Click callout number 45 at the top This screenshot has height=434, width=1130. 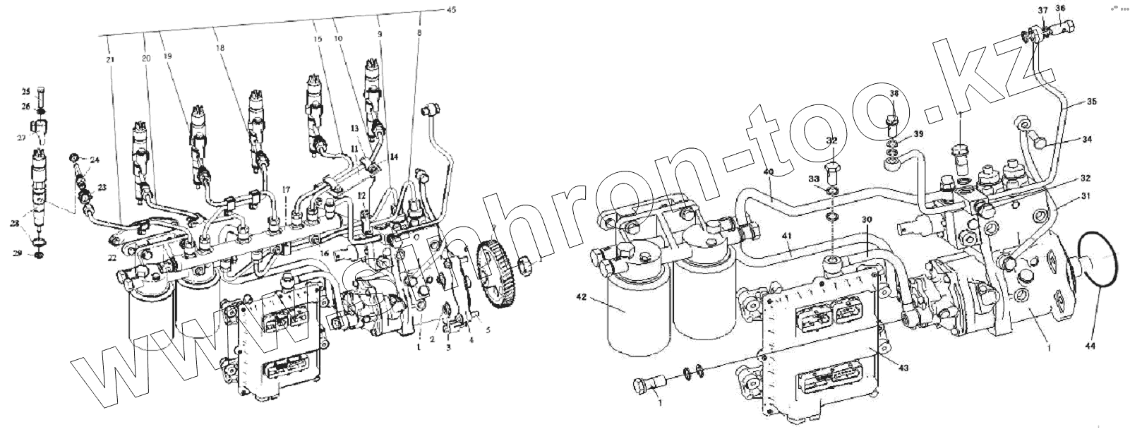tap(451, 9)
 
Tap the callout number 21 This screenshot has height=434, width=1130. tap(110, 60)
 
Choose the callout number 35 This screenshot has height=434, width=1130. tap(1092, 102)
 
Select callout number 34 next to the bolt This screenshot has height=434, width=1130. tap(1088, 140)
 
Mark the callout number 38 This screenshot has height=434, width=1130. tap(894, 93)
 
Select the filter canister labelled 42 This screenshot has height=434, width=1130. tap(638, 314)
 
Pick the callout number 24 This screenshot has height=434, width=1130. tap(95, 160)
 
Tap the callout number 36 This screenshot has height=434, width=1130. tap(1060, 8)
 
